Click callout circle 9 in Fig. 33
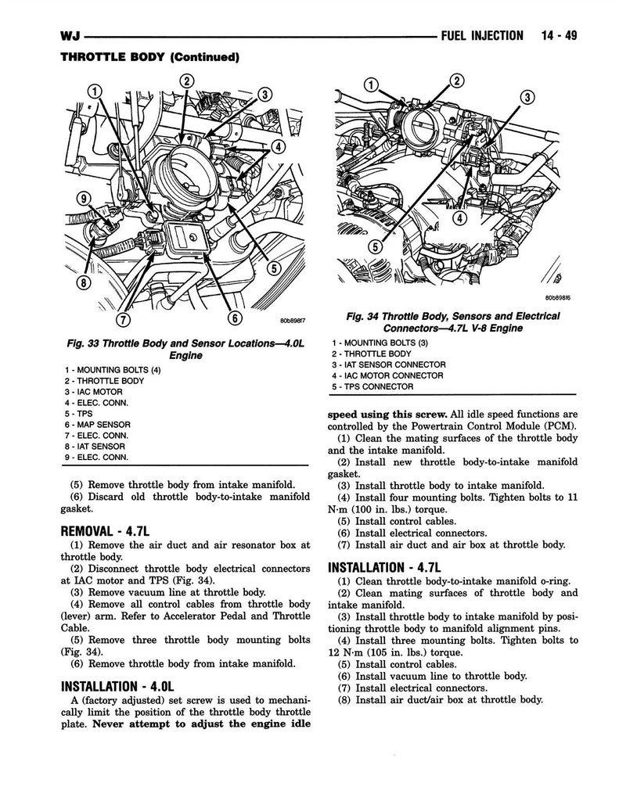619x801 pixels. click(83, 199)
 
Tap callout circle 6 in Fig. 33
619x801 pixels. click(234, 318)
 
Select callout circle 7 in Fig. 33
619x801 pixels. click(124, 319)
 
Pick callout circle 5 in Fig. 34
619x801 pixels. click(376, 247)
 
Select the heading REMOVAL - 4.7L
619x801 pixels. click(106, 531)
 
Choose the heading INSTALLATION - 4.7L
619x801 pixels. click(384, 567)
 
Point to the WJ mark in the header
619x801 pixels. click(70, 36)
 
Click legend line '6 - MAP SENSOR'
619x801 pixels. click(98, 425)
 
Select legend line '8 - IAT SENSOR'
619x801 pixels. click(95, 447)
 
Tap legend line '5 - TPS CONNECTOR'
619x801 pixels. click(372, 386)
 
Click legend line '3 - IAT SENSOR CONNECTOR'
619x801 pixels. click(388, 365)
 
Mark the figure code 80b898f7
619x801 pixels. click(293, 321)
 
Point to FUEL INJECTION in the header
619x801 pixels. click(482, 36)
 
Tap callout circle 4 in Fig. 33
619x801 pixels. click(277, 147)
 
